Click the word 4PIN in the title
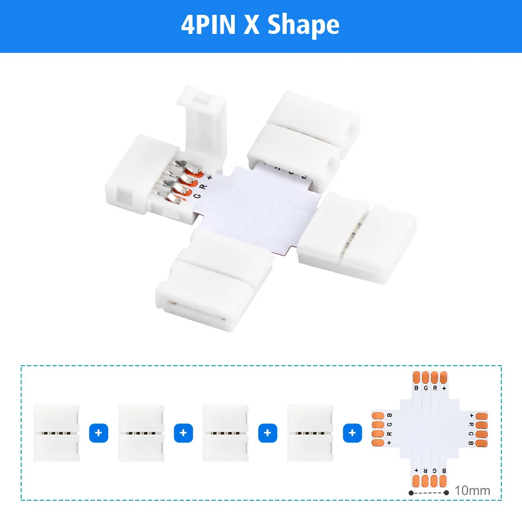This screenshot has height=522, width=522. tap(208, 25)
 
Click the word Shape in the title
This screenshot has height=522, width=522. tap(303, 25)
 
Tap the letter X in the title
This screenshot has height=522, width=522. tap(252, 25)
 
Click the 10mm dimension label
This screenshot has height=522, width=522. tap(472, 491)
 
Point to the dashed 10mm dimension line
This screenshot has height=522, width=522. tap(428, 492)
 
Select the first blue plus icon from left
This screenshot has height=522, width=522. tap(98, 433)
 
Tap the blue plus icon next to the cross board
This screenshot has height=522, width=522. tap(352, 433)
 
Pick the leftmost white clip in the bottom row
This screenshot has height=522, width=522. tap(56, 433)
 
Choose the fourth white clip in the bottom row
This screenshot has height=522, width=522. tap(310, 433)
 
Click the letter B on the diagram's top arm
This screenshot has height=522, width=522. tap(417, 388)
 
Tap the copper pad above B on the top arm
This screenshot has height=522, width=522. tap(417, 377)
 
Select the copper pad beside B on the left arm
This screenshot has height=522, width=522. tap(378, 414)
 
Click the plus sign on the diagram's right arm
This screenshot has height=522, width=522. tap(471, 415)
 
